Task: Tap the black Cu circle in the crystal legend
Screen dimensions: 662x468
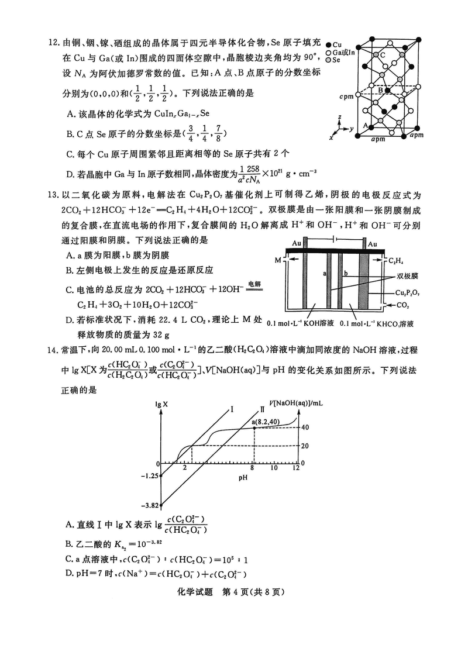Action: coord(329,44)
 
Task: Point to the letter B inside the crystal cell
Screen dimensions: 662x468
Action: coord(380,91)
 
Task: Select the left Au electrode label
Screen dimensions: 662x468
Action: coord(296,244)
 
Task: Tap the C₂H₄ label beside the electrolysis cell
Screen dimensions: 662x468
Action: coord(400,260)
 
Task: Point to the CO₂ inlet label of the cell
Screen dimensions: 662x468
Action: coord(403,305)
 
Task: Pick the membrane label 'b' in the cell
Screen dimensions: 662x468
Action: coord(346,273)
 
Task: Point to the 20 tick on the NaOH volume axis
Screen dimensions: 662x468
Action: coord(305,445)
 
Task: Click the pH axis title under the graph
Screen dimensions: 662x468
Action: coord(243,478)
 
